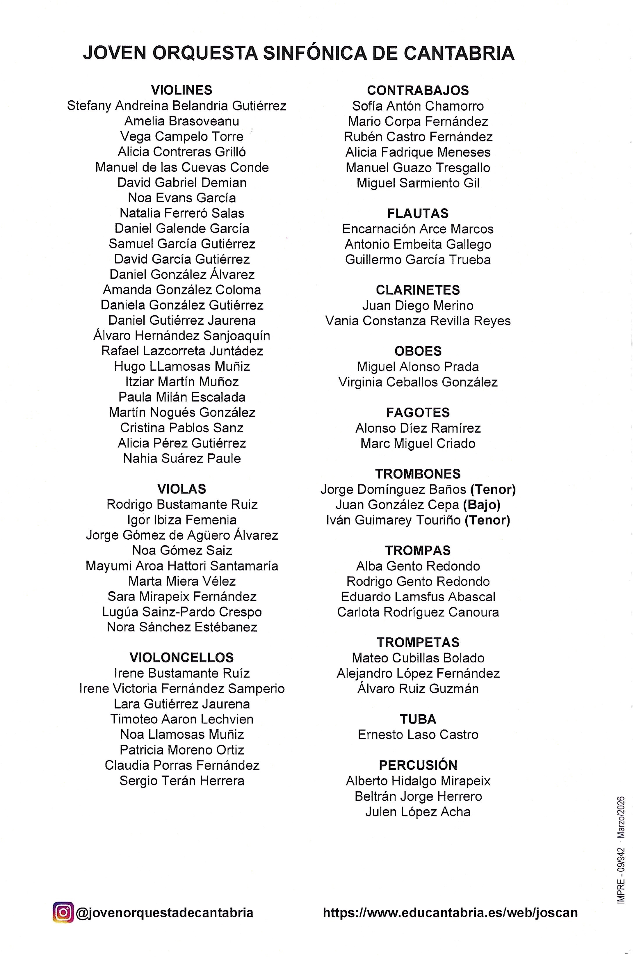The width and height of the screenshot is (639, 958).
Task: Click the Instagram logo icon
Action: [63, 912]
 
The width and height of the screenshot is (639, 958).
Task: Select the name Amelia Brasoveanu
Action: [181, 121]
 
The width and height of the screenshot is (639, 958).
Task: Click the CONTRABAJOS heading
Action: [417, 90]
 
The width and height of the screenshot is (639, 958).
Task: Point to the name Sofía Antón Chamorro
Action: [417, 106]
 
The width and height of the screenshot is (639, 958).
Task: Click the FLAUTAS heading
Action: [417, 213]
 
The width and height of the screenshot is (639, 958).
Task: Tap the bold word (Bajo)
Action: [481, 505]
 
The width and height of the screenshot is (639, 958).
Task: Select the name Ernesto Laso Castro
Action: [417, 734]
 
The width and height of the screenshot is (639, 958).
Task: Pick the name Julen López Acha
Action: [417, 811]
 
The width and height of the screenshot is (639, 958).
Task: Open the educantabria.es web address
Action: [450, 912]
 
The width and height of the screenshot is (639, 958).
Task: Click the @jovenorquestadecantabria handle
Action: [164, 912]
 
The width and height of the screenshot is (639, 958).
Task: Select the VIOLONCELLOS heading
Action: [181, 657]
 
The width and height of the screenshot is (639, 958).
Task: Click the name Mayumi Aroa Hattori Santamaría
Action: [181, 566]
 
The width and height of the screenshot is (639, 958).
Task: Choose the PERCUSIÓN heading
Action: [417, 765]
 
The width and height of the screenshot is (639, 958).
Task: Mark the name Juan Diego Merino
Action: [417, 305]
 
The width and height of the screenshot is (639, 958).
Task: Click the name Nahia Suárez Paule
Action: [181, 458]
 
